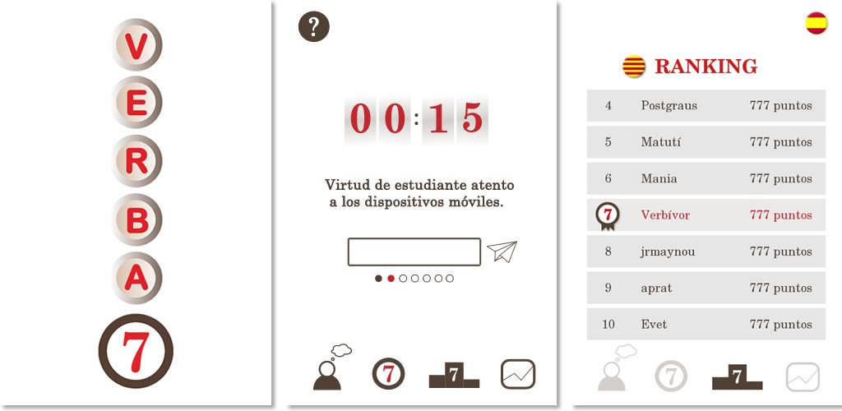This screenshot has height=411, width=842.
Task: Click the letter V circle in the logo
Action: point(136,44)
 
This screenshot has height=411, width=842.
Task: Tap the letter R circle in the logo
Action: point(136,161)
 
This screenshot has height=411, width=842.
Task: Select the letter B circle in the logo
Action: point(136,219)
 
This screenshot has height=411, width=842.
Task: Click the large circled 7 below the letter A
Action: point(136,351)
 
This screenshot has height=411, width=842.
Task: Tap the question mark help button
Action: point(313,26)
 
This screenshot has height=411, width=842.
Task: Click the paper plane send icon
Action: point(502,251)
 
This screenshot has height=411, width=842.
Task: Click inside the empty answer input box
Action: point(414,252)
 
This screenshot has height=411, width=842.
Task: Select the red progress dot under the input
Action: point(391,279)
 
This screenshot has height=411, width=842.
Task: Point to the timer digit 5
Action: point(473,118)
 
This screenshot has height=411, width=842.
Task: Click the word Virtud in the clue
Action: point(343,185)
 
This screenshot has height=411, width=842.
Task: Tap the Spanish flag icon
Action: point(817,23)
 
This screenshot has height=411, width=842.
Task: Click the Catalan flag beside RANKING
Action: point(634,67)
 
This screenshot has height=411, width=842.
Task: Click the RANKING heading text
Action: point(706,67)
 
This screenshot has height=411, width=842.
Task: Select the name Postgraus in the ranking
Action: point(669,106)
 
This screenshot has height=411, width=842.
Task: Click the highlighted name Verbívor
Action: point(665,215)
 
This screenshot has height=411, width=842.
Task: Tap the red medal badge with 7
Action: point(608,216)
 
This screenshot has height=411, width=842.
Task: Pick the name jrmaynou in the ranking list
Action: point(668,252)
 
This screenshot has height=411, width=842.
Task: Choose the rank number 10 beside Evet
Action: point(608,325)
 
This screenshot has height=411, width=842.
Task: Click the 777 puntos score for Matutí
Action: point(781,142)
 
